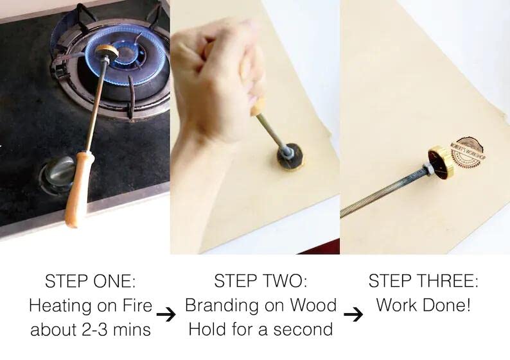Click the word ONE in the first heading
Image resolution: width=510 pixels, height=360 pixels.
114,282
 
